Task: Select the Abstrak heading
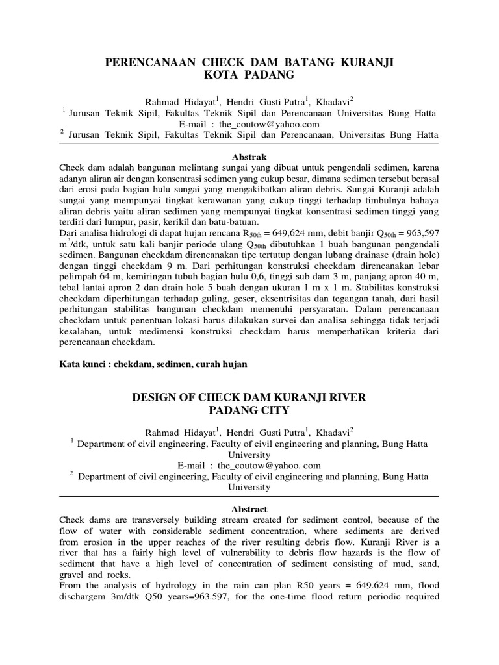pyautogui.click(x=249, y=157)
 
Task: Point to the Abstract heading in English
pyautogui.click(x=249, y=509)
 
